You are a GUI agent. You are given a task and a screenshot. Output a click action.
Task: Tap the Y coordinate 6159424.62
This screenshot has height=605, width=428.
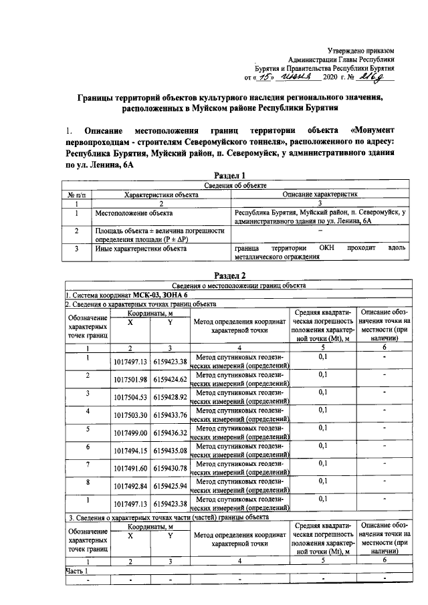(x=169, y=380)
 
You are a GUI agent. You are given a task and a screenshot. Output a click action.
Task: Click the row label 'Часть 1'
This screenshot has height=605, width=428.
(x=78, y=570)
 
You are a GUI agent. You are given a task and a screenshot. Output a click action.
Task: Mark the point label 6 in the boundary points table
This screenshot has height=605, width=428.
(x=87, y=446)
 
